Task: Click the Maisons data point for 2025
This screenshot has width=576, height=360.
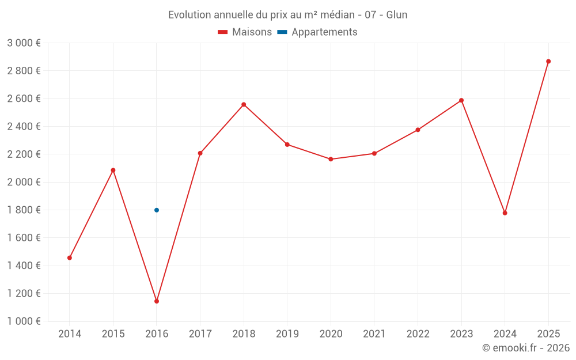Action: coord(548,61)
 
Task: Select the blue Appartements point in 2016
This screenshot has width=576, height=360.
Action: coord(157,210)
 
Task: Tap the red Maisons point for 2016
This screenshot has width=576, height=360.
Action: coord(157,301)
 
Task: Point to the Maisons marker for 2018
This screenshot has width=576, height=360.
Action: coord(244,104)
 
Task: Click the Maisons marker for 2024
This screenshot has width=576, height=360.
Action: coord(505,213)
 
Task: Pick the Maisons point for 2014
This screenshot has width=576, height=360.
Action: coord(70,258)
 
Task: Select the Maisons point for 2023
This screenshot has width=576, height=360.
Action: coord(461,100)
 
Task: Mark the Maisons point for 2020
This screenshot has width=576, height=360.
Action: coord(331,159)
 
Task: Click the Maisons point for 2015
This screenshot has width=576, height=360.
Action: coord(113,170)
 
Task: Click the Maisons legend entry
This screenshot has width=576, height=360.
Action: coord(245,32)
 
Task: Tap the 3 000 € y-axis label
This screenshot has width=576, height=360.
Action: coord(24,43)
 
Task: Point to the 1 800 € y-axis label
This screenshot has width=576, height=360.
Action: coord(24,210)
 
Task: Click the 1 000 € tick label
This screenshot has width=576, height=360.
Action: coord(24,321)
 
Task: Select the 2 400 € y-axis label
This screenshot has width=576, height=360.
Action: coord(24,127)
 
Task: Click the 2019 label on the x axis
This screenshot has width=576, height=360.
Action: coord(287,334)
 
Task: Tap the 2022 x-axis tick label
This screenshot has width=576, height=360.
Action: coord(418,334)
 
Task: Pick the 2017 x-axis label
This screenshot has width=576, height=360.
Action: coord(200,334)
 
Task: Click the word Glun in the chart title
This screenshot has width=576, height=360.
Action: coord(397,15)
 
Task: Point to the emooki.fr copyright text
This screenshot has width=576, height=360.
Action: coord(525,348)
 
